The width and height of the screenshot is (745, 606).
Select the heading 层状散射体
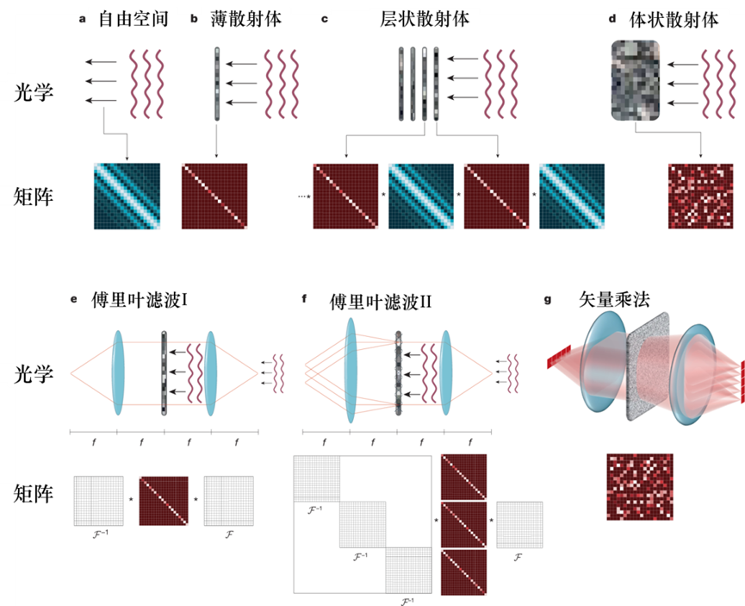pos(425,19)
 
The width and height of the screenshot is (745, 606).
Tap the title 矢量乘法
pos(615,301)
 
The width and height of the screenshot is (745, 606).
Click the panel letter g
pos(549,300)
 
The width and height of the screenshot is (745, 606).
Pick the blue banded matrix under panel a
pos(127,196)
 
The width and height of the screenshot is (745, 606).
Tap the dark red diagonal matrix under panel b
pos(214,196)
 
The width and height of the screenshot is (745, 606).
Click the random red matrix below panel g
pos(640,486)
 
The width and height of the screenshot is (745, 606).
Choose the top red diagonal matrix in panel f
pos(464,476)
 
